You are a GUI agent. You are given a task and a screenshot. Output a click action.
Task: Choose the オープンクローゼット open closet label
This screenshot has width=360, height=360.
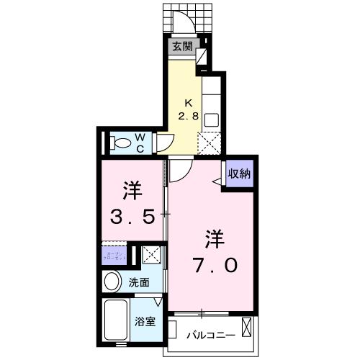point(115,255)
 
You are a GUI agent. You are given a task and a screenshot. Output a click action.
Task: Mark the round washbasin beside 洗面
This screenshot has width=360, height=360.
point(112,282)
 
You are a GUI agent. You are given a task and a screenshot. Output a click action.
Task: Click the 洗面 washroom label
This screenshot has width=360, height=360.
point(140,283)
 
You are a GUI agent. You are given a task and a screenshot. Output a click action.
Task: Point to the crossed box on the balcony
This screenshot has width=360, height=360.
point(248,330)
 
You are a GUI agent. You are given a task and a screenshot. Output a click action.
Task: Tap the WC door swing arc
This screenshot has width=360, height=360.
point(165,145)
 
